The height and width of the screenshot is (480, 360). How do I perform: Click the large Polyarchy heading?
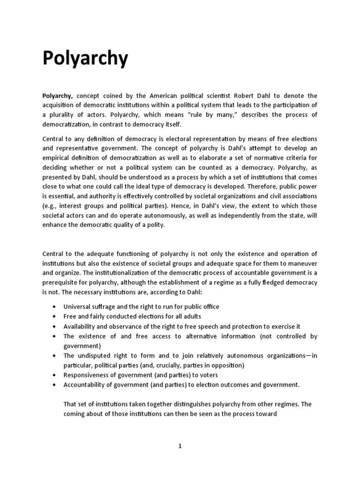(85, 59)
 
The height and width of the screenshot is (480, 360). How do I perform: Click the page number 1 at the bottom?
(180, 446)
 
